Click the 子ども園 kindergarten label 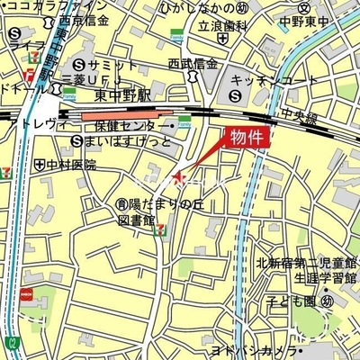pos(298,301)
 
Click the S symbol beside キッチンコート pos(236,94)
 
